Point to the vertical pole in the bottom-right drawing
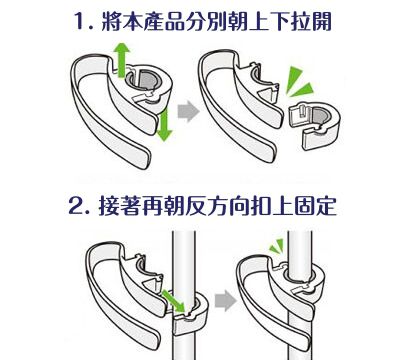pyautogui.click(x=299, y=250)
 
